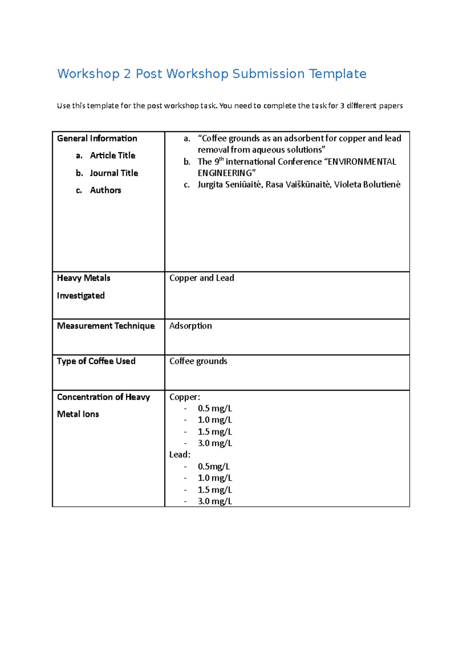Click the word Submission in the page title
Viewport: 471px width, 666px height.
click(268, 74)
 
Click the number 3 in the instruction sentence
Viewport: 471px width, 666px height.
click(342, 106)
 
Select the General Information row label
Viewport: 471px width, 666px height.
click(97, 138)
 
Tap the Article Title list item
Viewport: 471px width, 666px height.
click(112, 156)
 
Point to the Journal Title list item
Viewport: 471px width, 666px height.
click(114, 173)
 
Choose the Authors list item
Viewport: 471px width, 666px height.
click(106, 190)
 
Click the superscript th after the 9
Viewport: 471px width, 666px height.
click(221, 159)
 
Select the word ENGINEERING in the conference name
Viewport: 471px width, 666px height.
click(226, 173)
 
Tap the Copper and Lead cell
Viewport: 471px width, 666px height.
click(202, 278)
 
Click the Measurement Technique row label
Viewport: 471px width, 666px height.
click(106, 326)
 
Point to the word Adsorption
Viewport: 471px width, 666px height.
click(191, 326)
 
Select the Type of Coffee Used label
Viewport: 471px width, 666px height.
click(96, 361)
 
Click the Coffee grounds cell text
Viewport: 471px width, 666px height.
click(198, 361)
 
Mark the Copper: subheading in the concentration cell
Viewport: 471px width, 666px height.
click(184, 397)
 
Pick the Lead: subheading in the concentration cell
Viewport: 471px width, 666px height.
click(180, 455)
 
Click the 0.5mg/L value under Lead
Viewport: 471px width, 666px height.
click(214, 466)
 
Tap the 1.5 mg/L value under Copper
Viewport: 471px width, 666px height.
click(215, 432)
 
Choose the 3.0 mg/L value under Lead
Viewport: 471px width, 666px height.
click(215, 501)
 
